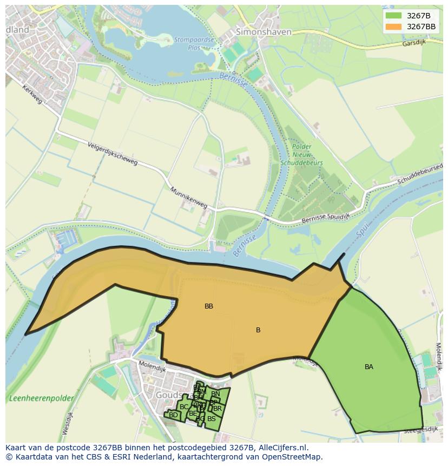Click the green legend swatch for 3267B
(394, 16)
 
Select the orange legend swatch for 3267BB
(394, 27)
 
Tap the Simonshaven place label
(263, 32)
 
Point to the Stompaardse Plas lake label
(187, 42)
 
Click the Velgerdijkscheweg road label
(113, 155)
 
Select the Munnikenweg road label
(188, 198)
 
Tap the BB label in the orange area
(209, 306)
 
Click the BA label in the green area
(369, 367)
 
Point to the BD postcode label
(173, 415)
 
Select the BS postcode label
(212, 418)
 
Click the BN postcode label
(215, 394)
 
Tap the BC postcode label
(184, 407)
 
